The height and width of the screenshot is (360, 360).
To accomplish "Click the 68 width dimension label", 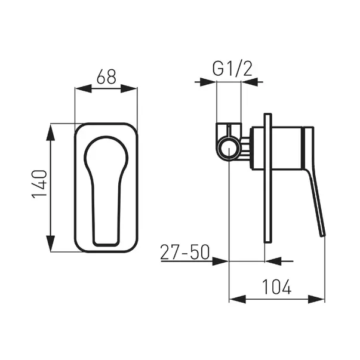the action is (106, 76).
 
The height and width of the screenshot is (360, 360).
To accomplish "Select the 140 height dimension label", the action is (39, 184).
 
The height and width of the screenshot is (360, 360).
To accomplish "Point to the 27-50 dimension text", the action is (185, 252).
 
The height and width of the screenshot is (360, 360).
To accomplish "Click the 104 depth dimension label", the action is (276, 287).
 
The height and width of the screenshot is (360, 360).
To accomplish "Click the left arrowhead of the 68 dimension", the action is (84, 88).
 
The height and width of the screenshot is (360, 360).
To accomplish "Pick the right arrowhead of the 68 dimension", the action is (129, 88).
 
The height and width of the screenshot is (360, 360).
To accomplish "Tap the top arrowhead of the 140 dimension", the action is (51, 132).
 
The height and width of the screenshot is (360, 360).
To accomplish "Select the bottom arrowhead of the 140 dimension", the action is (51, 244).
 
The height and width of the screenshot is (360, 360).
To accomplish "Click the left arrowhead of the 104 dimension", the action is (238, 299).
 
